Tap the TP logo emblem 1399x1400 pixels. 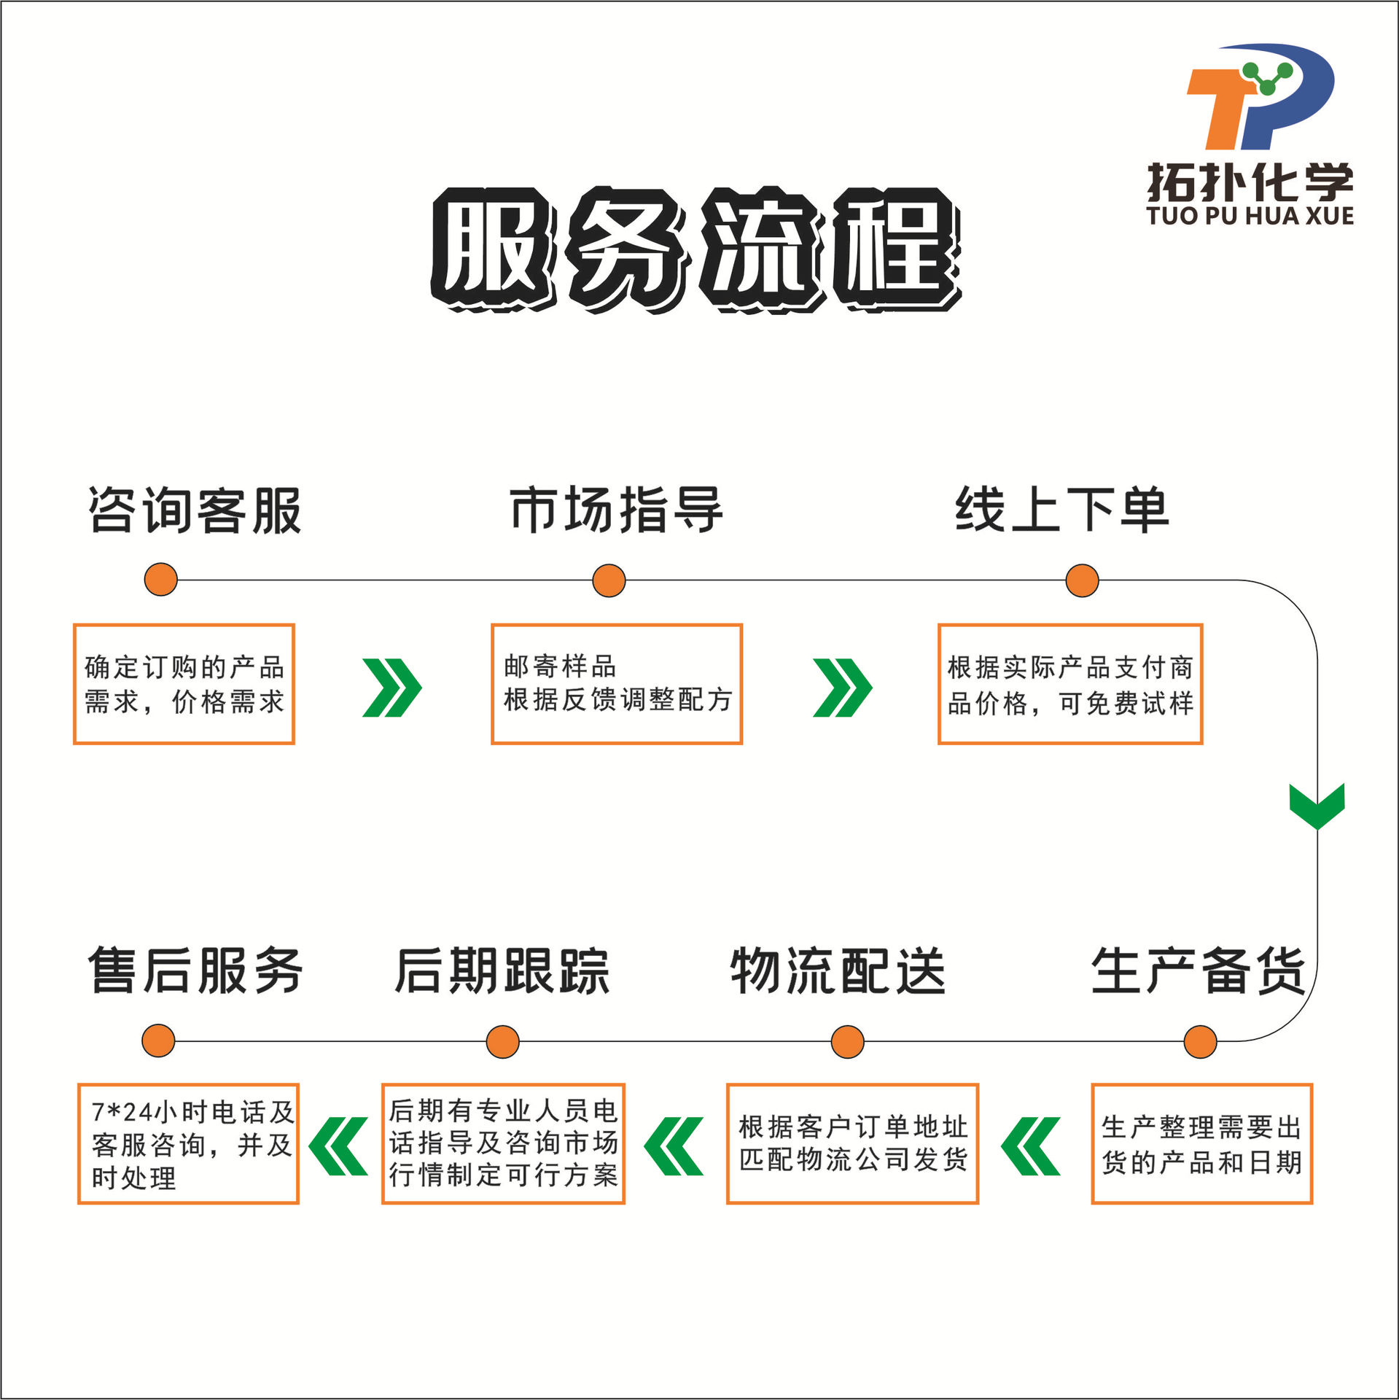tap(1260, 96)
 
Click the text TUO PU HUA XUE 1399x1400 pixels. tap(1250, 216)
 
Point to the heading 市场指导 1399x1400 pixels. tap(616, 510)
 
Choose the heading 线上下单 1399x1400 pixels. tap(1062, 510)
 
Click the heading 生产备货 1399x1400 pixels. tap(1198, 971)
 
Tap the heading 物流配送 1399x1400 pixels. tap(838, 971)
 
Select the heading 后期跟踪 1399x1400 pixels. tap(502, 971)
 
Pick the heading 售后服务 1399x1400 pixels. tap(195, 971)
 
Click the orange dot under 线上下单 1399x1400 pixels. tap(1082, 580)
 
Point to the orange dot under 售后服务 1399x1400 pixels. tap(158, 1041)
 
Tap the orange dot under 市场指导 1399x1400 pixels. tap(609, 580)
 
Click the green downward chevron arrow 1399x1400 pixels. tap(1317, 806)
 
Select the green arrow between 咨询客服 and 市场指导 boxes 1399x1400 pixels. tap(392, 688)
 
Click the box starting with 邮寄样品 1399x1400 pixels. tap(617, 684)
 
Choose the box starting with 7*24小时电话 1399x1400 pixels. tap(188, 1143)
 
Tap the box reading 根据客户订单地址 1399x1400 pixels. tap(852, 1143)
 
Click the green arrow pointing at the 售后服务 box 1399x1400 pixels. tap(338, 1146)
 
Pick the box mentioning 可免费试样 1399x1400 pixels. tap(1069, 684)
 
